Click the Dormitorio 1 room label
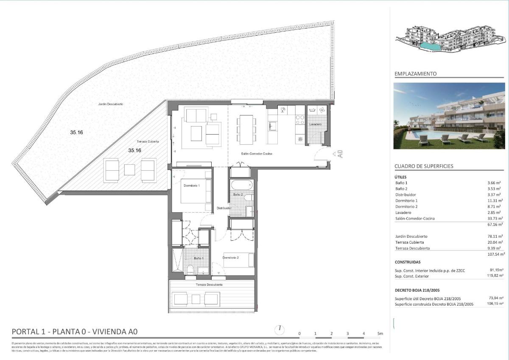191,186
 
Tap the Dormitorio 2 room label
231,258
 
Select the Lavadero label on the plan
315,124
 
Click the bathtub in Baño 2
242,185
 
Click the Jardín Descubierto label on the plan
111,104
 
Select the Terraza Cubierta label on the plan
148,141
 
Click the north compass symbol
280,329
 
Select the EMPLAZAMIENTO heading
415,74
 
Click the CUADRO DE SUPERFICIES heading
424,166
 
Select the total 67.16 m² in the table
495,224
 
